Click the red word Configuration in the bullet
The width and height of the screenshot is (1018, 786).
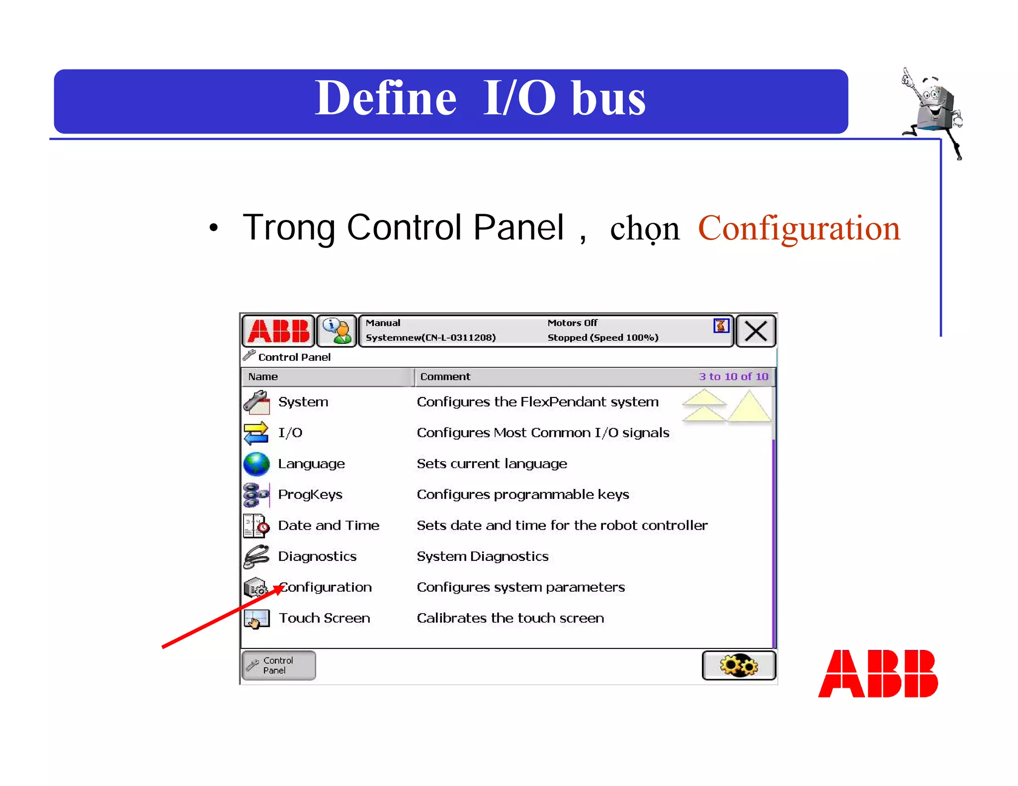point(799,228)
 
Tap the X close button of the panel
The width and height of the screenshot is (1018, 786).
point(756,331)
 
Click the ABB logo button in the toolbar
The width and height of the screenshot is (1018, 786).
point(278,331)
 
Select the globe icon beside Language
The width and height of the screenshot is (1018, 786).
point(256,464)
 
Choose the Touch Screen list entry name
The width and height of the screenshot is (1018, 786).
point(324,618)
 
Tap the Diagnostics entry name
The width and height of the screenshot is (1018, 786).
point(317,556)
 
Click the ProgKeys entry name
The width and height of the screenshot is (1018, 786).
point(310,495)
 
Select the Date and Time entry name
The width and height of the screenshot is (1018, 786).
point(329,526)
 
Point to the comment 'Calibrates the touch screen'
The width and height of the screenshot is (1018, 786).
point(510,618)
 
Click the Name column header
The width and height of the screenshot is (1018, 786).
point(263,377)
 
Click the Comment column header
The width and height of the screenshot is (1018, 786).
point(445,377)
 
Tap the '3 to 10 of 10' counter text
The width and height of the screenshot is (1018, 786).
point(733,377)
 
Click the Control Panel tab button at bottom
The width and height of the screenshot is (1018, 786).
point(279,665)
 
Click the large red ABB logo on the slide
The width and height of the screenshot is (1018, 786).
point(878,674)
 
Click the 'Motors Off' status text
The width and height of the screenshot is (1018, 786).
point(572,323)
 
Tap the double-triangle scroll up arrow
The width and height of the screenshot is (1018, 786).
point(704,406)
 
